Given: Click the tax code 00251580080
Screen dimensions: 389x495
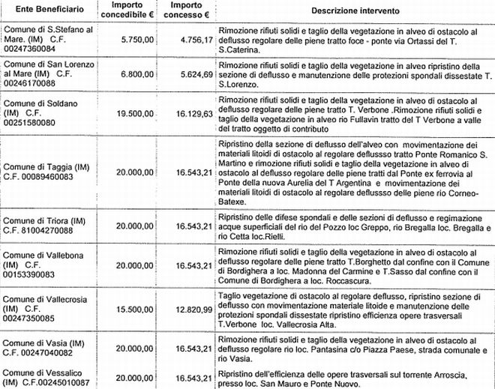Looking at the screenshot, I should pos(31,122).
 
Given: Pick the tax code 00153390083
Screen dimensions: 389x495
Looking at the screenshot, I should pos(31,276).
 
